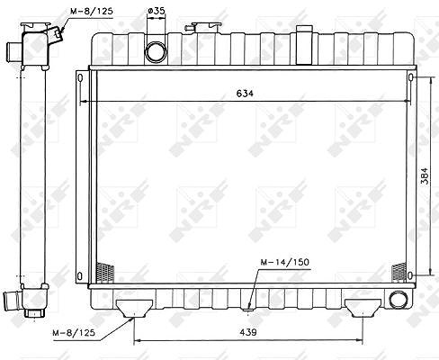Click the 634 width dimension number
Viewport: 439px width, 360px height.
point(245,94)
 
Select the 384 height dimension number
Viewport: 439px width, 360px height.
point(425,175)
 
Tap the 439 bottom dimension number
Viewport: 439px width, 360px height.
point(248,332)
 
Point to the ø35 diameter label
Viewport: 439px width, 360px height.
point(157,11)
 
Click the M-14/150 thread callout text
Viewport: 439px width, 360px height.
point(284,262)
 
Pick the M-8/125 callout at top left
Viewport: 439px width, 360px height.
point(92,12)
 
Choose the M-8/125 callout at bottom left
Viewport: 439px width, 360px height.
point(74,333)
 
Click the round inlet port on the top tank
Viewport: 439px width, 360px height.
point(156,52)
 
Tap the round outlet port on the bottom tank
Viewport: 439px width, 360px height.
point(398,300)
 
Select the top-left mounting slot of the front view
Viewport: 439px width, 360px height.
point(80,78)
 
